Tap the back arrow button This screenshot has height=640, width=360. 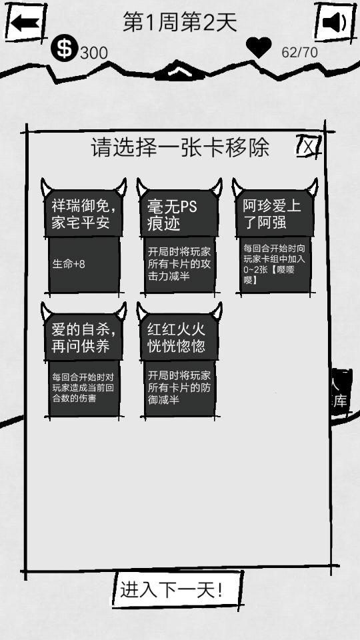pos(25,22)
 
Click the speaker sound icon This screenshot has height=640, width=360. pos(334,22)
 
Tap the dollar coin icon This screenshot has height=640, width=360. pos(64,48)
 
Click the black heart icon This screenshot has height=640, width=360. pos(259,47)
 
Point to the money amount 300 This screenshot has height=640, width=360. pos(94,53)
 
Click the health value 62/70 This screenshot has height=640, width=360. pos(299,52)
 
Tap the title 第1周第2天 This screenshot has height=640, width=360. pos(180,22)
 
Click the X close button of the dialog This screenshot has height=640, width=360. pos(309,146)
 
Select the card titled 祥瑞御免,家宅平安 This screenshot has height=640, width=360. pos(84,236)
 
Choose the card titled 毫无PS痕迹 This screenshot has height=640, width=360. pos(179,236)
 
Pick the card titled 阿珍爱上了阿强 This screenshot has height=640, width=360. pos(275,236)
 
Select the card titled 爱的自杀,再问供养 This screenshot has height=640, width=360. pos(84,361)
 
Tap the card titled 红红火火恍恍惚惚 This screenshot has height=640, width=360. pos(179,361)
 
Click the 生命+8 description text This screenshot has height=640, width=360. pos(69,264)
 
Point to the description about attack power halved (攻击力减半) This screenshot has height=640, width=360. pos(179,264)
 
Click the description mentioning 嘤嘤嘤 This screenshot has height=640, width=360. pos(274,264)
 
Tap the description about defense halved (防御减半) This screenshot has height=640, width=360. pos(179,387)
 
